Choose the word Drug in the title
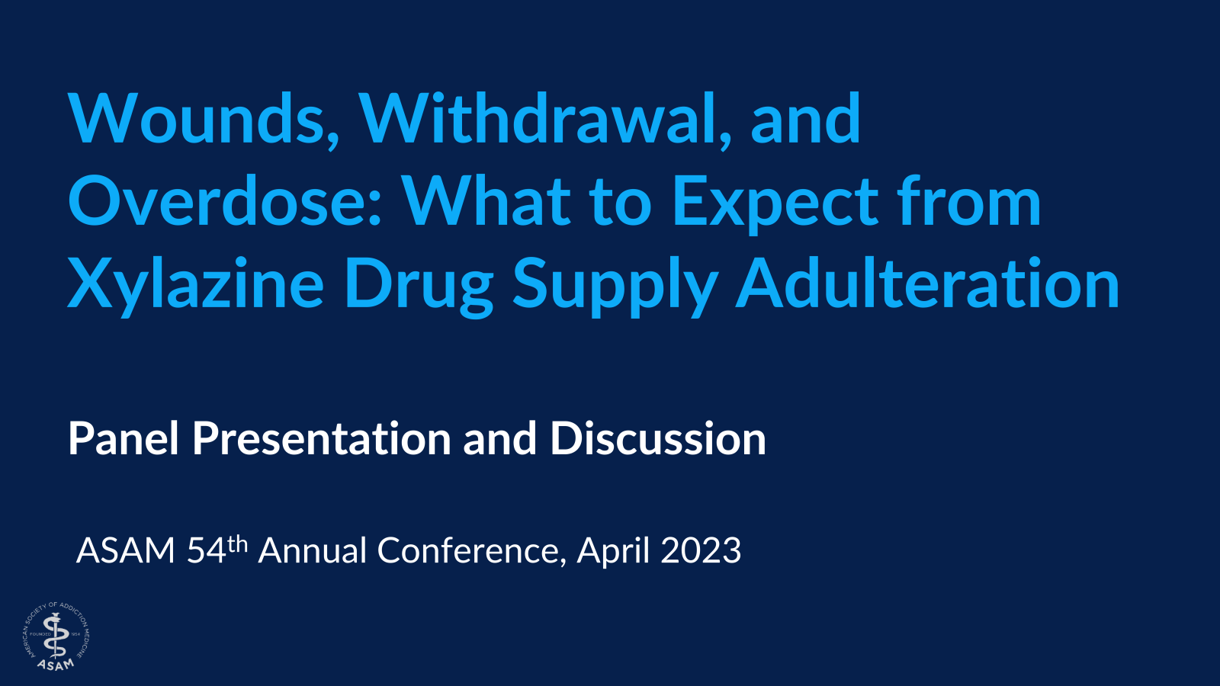coord(419,287)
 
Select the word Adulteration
coord(927,283)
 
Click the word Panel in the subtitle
coord(124,439)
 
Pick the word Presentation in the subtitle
coord(322,439)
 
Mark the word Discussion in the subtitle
coord(658,439)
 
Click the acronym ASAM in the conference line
coord(126,551)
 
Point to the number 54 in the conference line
coord(207,551)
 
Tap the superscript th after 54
coord(237,543)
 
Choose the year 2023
coord(701,551)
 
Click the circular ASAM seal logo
coord(56,636)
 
